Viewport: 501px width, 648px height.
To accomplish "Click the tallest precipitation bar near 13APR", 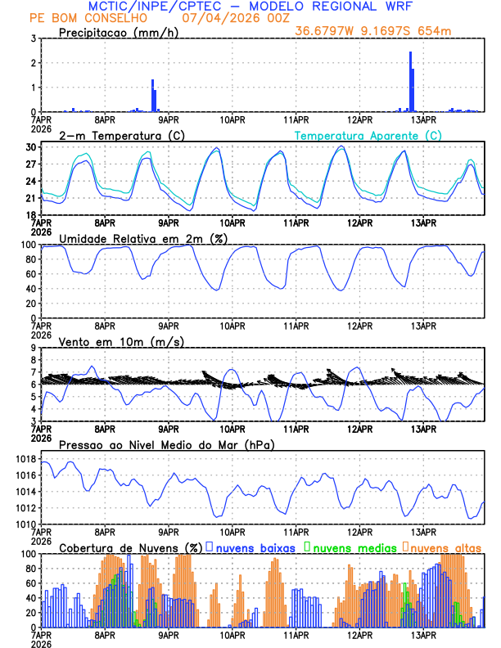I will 410,82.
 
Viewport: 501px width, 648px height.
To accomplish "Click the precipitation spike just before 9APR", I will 152,96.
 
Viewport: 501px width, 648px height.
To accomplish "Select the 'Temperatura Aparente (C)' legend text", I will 368,135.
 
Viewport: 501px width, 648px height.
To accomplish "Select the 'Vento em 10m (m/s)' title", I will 110,341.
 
